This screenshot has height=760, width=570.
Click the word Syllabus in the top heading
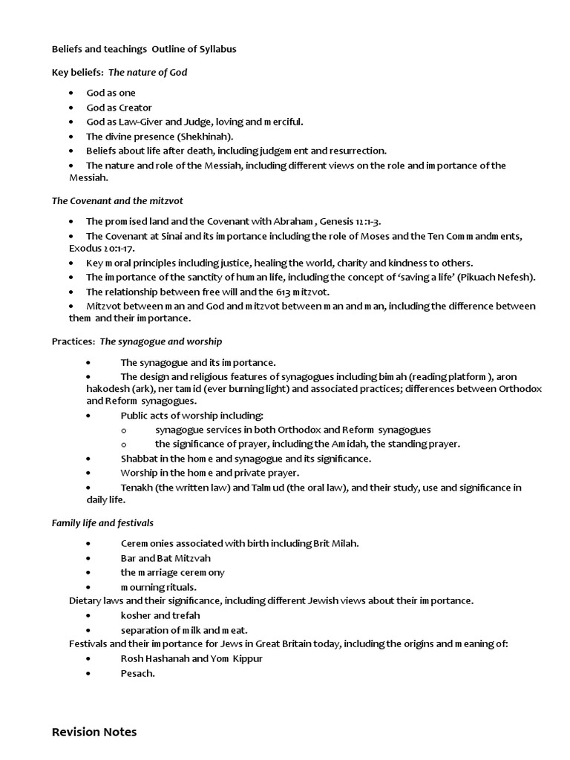pyautogui.click(x=216, y=49)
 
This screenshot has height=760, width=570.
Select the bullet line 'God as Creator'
pyautogui.click(x=119, y=108)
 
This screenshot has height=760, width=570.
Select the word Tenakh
pyautogui.click(x=137, y=488)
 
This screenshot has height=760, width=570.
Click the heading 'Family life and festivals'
pyautogui.click(x=102, y=523)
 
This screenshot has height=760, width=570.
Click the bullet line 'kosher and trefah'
pyautogui.click(x=160, y=615)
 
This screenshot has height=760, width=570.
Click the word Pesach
pyautogui.click(x=137, y=673)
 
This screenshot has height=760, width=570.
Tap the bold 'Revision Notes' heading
pyautogui.click(x=94, y=733)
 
